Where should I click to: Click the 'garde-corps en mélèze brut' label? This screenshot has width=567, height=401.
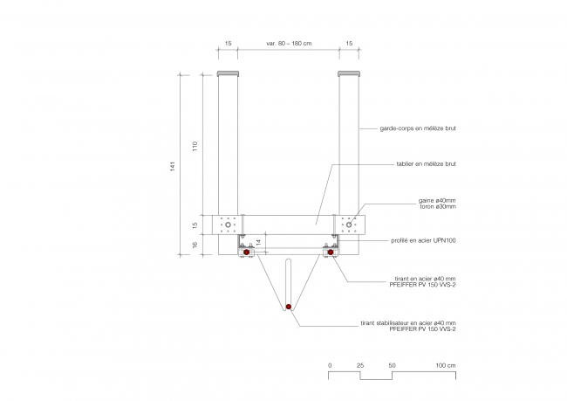418,128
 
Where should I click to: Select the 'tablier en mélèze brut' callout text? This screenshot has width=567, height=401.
426,163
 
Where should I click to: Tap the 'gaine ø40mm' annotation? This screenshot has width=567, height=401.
437,200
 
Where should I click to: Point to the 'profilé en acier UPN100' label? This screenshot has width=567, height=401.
423,240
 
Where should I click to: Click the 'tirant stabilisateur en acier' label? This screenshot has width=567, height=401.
408,322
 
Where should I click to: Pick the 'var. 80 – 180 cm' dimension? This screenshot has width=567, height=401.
289,44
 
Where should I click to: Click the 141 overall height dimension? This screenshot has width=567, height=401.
173,166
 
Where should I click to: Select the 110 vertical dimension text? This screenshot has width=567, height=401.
195,147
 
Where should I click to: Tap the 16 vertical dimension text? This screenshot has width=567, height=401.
195,245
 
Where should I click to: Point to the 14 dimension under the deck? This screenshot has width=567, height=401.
258,243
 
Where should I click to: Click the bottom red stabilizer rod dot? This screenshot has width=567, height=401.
288,307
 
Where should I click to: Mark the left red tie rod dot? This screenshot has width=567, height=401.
246,252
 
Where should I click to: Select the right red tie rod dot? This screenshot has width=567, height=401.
331,252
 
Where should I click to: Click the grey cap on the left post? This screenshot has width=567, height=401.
228,74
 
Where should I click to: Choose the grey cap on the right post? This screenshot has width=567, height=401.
349,74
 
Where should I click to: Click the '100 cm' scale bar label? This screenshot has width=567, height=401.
446,365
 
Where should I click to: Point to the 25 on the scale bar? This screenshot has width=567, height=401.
360,365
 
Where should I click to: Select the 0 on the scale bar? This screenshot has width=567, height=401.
330,365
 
